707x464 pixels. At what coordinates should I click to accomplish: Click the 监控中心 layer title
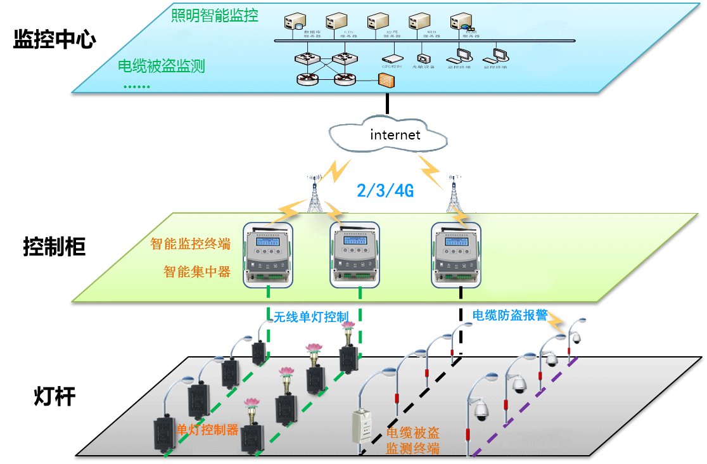point(54,40)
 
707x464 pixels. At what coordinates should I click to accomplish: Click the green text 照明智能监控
point(214,15)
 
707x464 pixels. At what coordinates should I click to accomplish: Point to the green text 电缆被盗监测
point(162,66)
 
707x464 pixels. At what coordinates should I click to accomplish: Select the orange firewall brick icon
point(385,80)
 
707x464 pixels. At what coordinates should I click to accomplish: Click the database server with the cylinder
point(294,23)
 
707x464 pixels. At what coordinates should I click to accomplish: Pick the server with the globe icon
point(461,23)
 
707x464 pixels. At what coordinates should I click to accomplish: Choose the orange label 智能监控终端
point(190,244)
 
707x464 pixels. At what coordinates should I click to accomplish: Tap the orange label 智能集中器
point(196,272)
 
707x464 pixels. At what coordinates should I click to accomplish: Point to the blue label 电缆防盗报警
point(510,315)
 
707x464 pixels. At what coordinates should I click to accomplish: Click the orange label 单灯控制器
point(207,430)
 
